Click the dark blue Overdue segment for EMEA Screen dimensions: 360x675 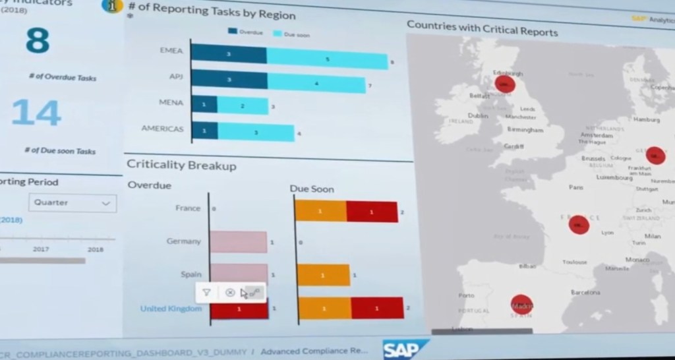pos(229,54)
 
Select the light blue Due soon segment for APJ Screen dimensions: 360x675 pos(316,83)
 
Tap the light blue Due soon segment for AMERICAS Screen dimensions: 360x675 pos(255,132)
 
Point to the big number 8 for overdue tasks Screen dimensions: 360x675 pos(37,41)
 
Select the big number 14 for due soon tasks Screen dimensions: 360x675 pos(36,113)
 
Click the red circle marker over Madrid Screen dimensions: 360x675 pos(522,305)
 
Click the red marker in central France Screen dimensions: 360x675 pos(578,224)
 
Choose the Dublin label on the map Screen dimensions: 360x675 pos(477,115)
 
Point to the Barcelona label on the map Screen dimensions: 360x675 pos(585,291)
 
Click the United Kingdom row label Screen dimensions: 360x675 pos(171,309)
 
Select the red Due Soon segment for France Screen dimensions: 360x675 pos(372,212)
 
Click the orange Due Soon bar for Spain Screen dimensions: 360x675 pos(324,275)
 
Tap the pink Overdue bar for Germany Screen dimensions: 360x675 pos(239,242)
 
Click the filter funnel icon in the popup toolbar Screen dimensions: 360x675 pos(206,292)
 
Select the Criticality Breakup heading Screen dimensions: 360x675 pos(181,165)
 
